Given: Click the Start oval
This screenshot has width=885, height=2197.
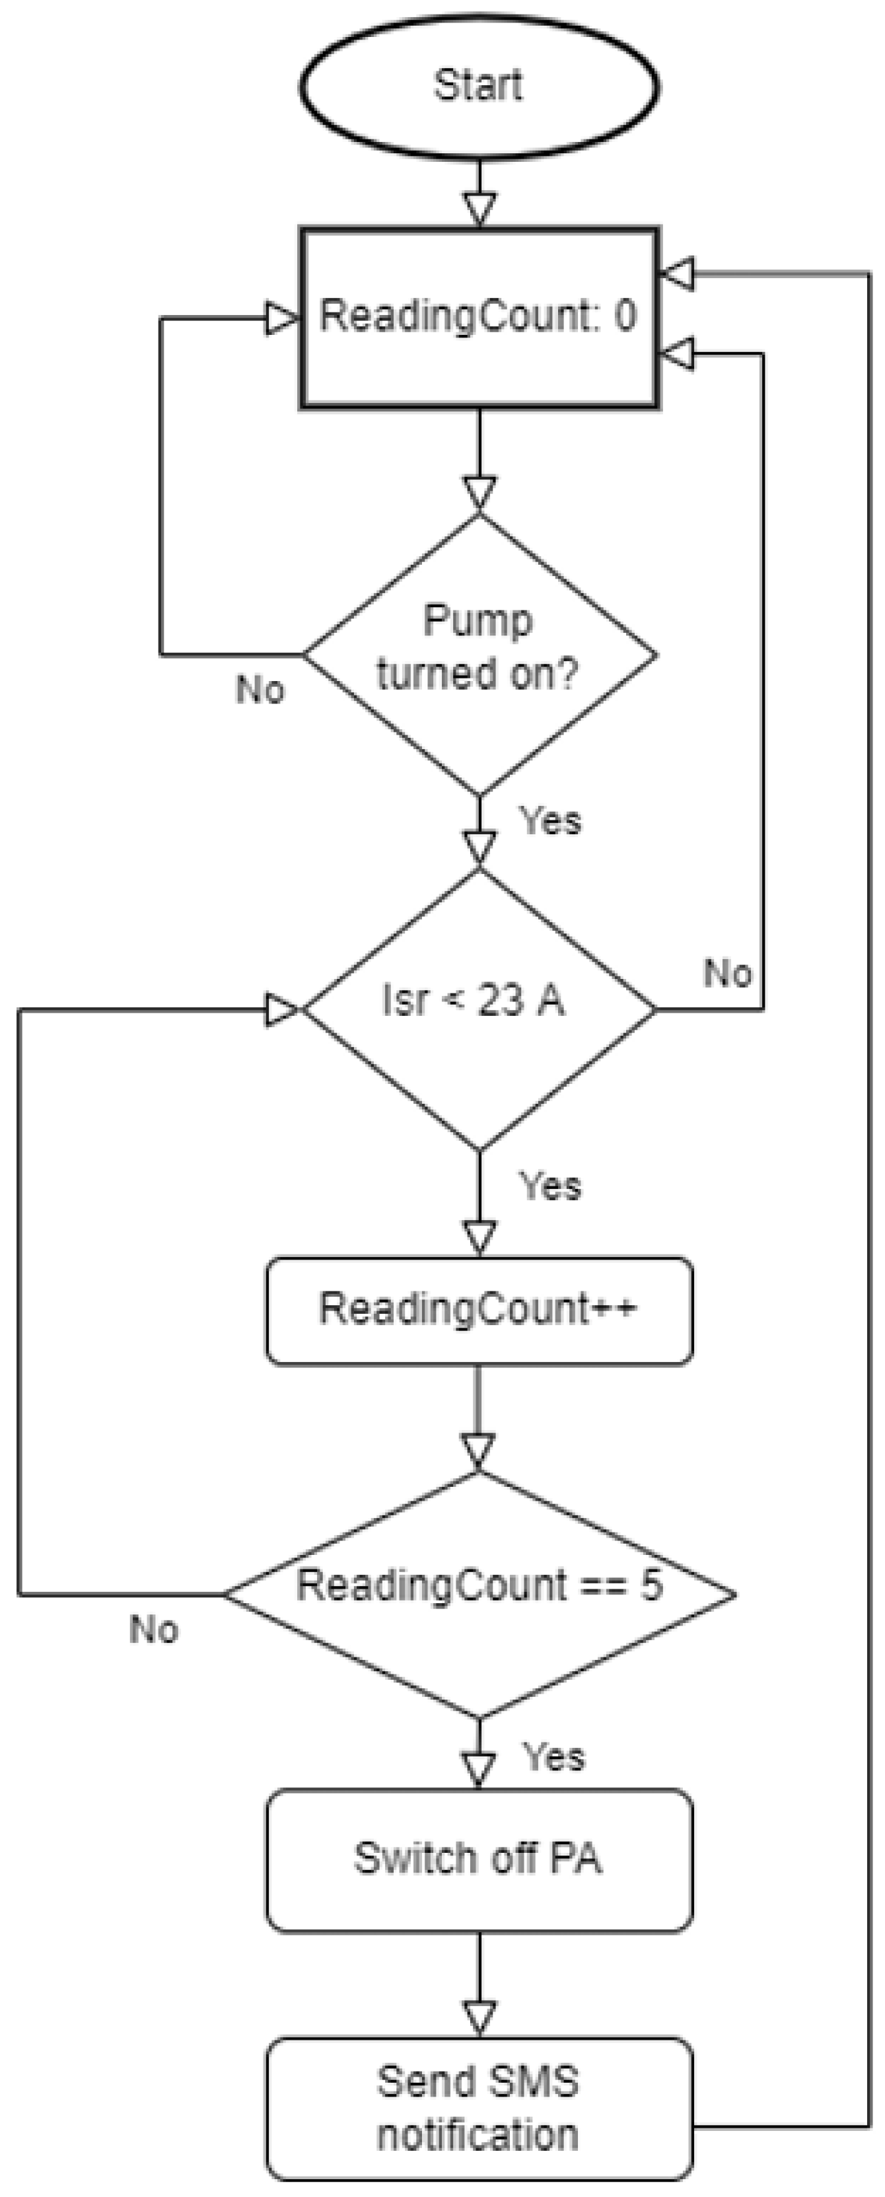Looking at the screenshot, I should pos(478,85).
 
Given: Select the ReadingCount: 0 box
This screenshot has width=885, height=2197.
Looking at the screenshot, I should pos(478,317).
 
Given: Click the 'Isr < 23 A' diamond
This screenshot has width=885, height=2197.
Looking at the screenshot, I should pos(478,1009).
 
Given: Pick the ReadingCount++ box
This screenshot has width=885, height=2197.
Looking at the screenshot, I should pos(478,1310).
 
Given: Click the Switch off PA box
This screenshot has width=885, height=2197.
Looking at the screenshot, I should pos(478,1859).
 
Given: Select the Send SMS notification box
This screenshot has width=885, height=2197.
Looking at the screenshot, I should pos(478,2108).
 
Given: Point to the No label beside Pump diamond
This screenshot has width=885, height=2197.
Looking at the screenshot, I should pos(260,689).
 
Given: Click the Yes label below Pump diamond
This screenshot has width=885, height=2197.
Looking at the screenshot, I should pos(551,820).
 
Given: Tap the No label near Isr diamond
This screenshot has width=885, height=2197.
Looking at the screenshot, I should pos(727,973).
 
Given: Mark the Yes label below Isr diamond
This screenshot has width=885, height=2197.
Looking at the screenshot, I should pos(551,1186).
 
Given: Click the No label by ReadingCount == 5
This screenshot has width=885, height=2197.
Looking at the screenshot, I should pos(153,1629).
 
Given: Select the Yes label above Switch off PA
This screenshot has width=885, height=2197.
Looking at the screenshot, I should pos(554,1757).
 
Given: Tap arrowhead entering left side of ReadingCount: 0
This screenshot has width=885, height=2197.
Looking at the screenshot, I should pos(281,319).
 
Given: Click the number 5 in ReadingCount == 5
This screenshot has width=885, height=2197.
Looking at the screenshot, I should pos(651,1585).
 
